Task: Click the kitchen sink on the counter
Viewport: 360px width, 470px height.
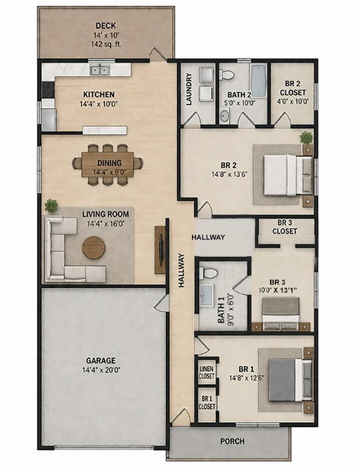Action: coord(101,70)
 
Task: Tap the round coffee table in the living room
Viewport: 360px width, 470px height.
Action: coord(94,247)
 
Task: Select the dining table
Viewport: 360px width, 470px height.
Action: coord(108,164)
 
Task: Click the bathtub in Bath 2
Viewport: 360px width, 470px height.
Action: coord(258,81)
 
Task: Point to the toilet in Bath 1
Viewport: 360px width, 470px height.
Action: coord(209,273)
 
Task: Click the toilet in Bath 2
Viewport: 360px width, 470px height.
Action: coord(226,74)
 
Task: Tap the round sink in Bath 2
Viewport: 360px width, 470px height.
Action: coord(224,116)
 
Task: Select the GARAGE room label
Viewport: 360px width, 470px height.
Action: coord(101,360)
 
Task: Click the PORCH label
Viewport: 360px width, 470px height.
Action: coord(232,441)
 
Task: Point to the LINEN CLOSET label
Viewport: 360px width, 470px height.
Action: coord(207,372)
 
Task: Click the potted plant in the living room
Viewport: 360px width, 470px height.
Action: coord(51,206)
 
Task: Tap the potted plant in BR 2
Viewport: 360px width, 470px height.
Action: coord(306,138)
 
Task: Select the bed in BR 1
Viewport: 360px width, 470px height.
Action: coord(290,380)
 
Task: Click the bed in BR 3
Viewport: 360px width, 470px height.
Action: coord(281,314)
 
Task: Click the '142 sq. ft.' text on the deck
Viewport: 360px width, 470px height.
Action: coord(106,44)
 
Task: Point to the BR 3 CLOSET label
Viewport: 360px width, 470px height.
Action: coord(285,227)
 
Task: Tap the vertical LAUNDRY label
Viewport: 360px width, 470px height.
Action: coord(189,89)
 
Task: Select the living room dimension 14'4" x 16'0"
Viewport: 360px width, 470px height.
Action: coord(105,223)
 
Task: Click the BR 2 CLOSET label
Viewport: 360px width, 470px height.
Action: coord(292,88)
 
